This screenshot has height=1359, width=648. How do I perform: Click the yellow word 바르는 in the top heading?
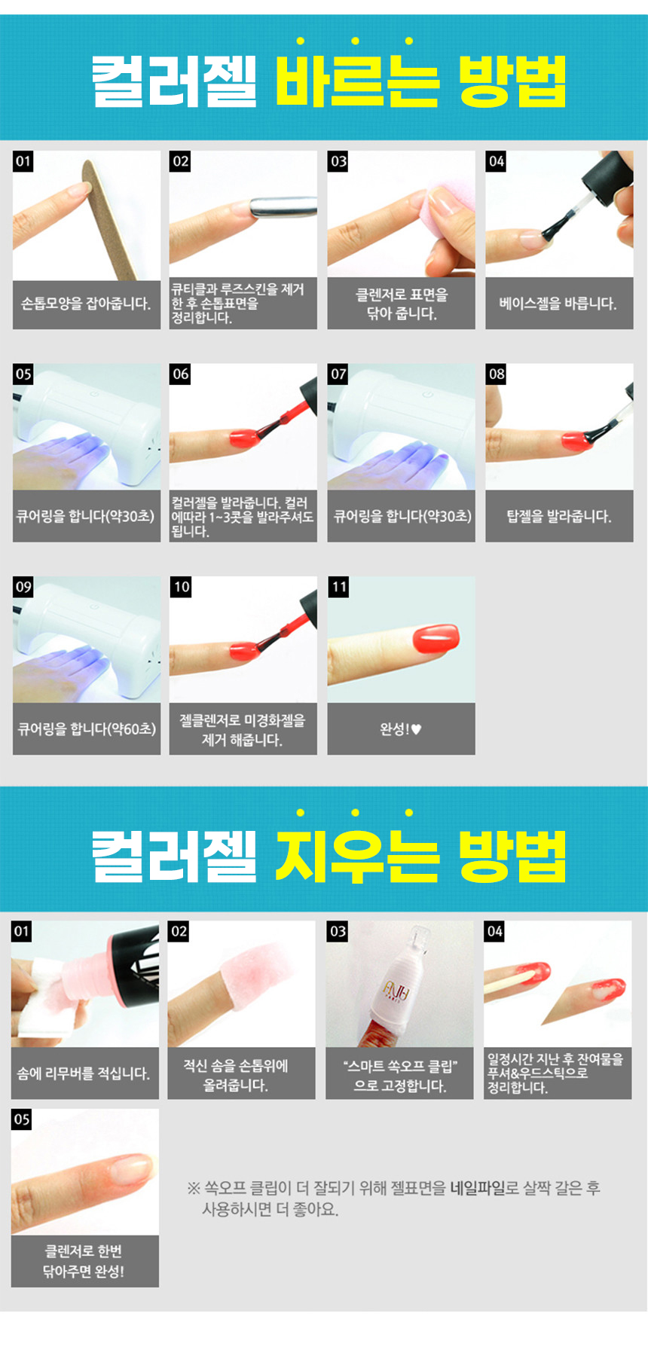pos(356,80)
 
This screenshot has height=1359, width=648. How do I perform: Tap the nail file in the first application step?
pos(112,219)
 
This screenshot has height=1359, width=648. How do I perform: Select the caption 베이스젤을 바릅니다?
pos(558,304)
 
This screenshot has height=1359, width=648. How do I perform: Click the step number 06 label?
pos(181,374)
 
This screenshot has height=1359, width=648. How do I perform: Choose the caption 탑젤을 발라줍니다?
pos(559,516)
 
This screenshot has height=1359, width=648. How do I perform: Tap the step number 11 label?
pos(339,588)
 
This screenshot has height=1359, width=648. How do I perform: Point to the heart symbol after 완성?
pos(416,729)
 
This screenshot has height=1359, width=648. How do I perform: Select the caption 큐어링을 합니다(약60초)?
pos(87,729)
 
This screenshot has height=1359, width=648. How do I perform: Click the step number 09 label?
pos(23,588)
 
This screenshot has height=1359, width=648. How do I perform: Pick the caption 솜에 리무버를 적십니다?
pos(84,1073)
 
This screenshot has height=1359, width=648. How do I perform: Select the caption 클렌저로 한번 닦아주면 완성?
pos(84,1261)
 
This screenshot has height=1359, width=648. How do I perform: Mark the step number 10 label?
pos(182,588)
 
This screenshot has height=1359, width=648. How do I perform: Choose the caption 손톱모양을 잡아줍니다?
pos(86,304)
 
